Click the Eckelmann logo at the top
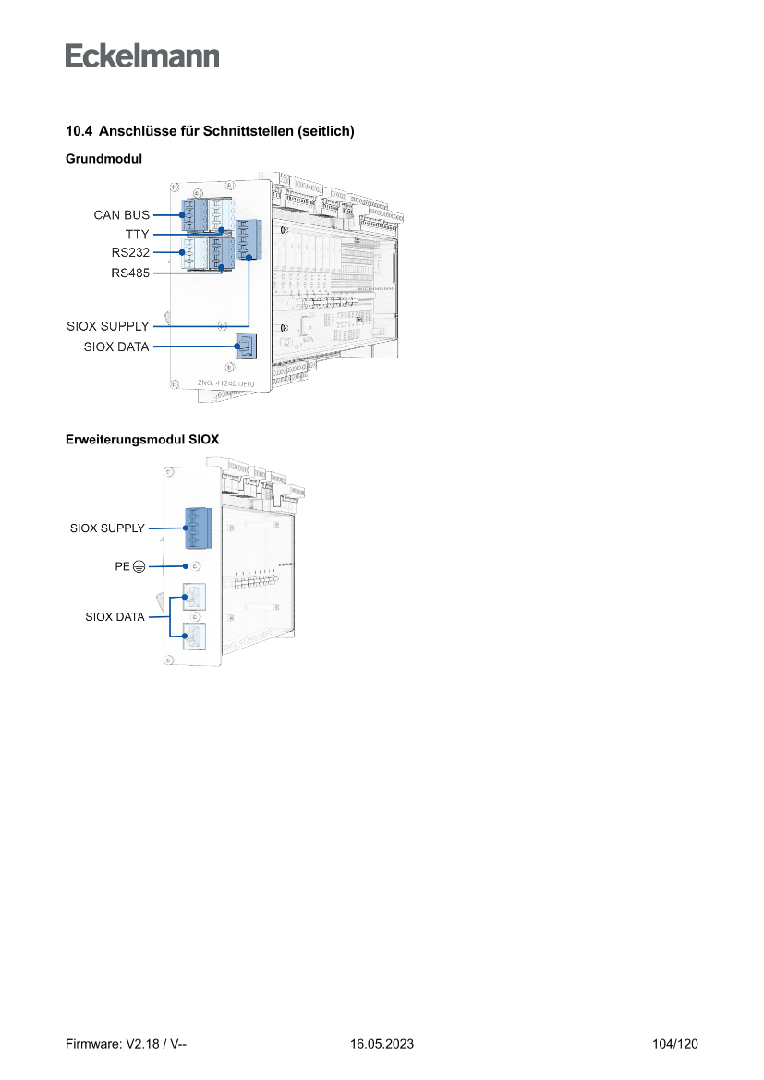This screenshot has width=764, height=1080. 142,55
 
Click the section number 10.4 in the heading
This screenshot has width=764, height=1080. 79,132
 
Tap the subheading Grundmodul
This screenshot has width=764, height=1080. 103,159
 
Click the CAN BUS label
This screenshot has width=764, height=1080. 121,214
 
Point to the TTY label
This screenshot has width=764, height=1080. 137,234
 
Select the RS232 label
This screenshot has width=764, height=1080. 130,251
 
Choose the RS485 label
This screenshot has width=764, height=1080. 130,273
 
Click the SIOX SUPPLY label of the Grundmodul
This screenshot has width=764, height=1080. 107,326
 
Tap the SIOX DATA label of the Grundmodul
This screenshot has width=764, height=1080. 115,347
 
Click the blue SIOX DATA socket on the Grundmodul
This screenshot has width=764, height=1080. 247,346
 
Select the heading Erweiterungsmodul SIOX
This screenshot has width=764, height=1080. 142,440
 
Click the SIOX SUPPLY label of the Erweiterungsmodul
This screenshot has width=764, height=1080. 107,528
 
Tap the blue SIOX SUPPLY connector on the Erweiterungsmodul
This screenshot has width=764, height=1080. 198,529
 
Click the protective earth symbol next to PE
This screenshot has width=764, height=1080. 139,566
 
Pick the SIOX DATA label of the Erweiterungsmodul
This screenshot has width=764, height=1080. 115,617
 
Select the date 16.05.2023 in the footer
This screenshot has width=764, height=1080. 382,1044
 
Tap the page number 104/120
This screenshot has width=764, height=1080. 674,1044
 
